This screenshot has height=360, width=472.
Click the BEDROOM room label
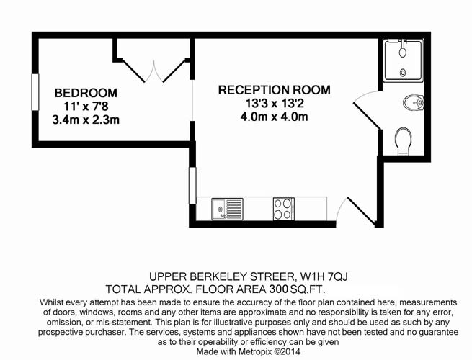(86, 93)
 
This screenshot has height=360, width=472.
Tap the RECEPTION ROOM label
(275, 90)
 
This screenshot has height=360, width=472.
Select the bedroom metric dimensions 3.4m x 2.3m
(86, 120)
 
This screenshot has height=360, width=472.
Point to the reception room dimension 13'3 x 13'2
(275, 104)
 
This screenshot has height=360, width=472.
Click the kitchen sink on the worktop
(227, 209)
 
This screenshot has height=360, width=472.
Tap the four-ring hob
(284, 209)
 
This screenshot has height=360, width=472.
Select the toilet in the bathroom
(404, 141)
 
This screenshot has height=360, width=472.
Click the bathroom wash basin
(414, 103)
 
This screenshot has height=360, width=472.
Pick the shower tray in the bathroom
(404, 60)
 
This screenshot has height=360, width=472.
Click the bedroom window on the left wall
(35, 92)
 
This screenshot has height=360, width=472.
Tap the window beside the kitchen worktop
(192, 186)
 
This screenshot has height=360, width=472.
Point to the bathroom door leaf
(368, 116)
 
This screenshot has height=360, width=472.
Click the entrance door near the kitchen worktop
(362, 211)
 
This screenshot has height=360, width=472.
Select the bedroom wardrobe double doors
(153, 71)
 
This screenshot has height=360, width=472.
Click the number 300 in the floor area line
(279, 289)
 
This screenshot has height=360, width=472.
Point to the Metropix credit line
(249, 351)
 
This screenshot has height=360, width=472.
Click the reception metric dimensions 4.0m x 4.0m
(275, 117)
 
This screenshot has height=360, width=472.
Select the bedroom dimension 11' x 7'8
(86, 106)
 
